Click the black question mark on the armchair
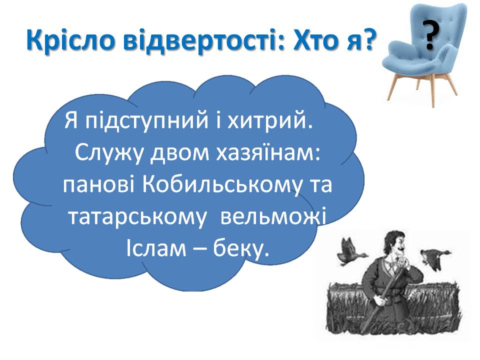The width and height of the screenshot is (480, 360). (x=430, y=34)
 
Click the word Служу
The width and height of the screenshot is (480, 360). (x=108, y=153)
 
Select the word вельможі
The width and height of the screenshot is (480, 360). (x=273, y=216)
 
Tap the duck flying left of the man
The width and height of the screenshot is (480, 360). (x=350, y=251)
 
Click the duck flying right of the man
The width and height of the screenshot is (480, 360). (x=434, y=258)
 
